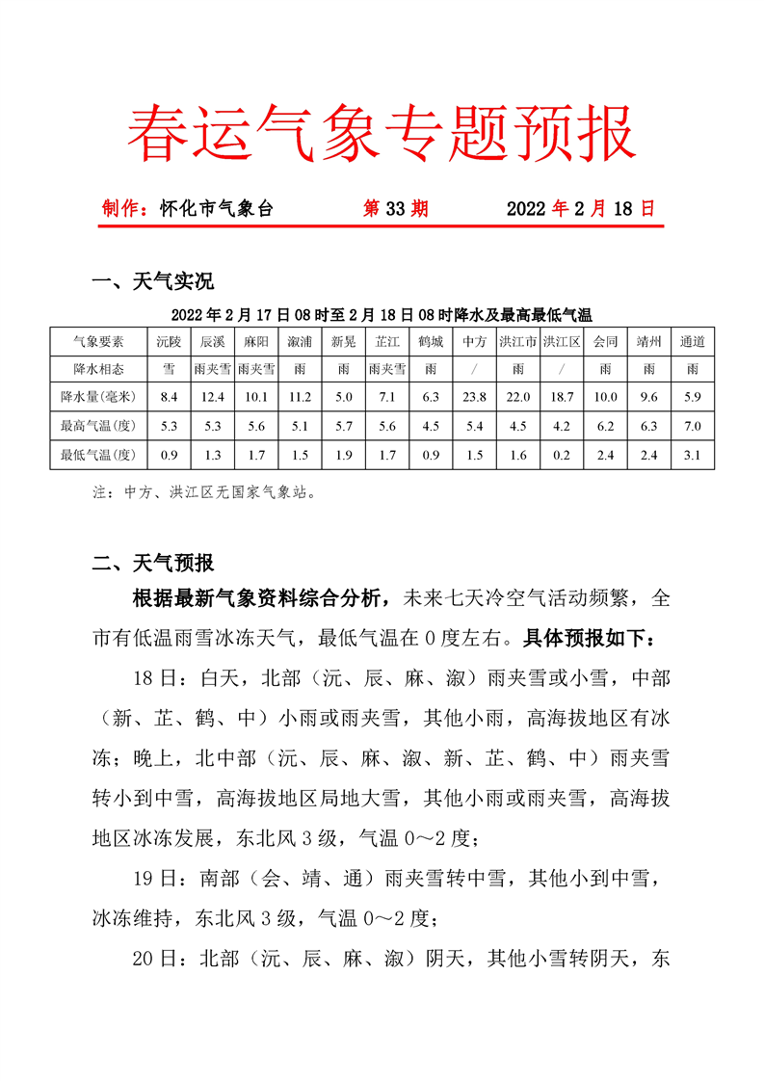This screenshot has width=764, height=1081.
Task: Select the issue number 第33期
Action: coord(395,208)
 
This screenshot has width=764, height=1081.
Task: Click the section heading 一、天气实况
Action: coord(152,281)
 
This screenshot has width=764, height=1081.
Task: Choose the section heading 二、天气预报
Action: coord(152,564)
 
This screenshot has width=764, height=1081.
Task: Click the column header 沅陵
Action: coord(169,341)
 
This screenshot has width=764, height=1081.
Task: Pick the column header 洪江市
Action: coord(518,341)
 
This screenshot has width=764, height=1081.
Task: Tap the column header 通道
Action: coord(692,341)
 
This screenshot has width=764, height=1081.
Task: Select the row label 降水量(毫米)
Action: coord(98,396)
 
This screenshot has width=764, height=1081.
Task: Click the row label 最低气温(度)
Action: coord(98,455)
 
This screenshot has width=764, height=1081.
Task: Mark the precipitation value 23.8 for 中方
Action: coord(474,396)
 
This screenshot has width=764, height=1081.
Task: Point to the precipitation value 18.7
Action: coord(561,396)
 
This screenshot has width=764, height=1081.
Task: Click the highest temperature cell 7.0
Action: coord(692,425)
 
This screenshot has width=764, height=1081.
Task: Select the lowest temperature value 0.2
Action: coord(561,455)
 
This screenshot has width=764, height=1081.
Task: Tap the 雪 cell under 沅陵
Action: coord(169,368)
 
